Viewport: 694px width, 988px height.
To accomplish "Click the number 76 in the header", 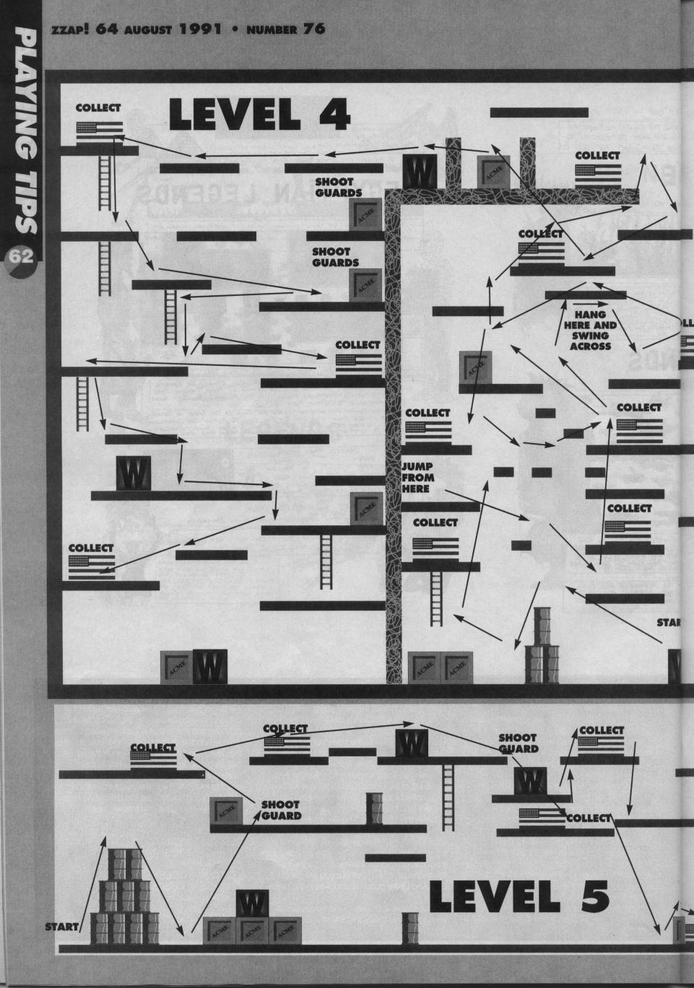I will [x=305, y=30].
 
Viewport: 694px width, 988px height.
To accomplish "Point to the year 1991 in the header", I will [x=194, y=30].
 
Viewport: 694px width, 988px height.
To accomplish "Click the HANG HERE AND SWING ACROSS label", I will [x=590, y=331].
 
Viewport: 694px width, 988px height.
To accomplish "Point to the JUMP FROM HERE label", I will [x=417, y=477].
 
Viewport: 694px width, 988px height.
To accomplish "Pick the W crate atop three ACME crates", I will [x=252, y=903].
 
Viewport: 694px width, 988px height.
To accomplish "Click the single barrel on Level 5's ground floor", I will [x=410, y=928].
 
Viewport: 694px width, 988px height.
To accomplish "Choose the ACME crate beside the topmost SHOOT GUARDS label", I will [x=365, y=214].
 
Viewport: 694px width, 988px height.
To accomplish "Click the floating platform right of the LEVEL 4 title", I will [x=539, y=112].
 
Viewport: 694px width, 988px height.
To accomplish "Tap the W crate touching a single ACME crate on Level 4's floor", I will [x=210, y=667].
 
